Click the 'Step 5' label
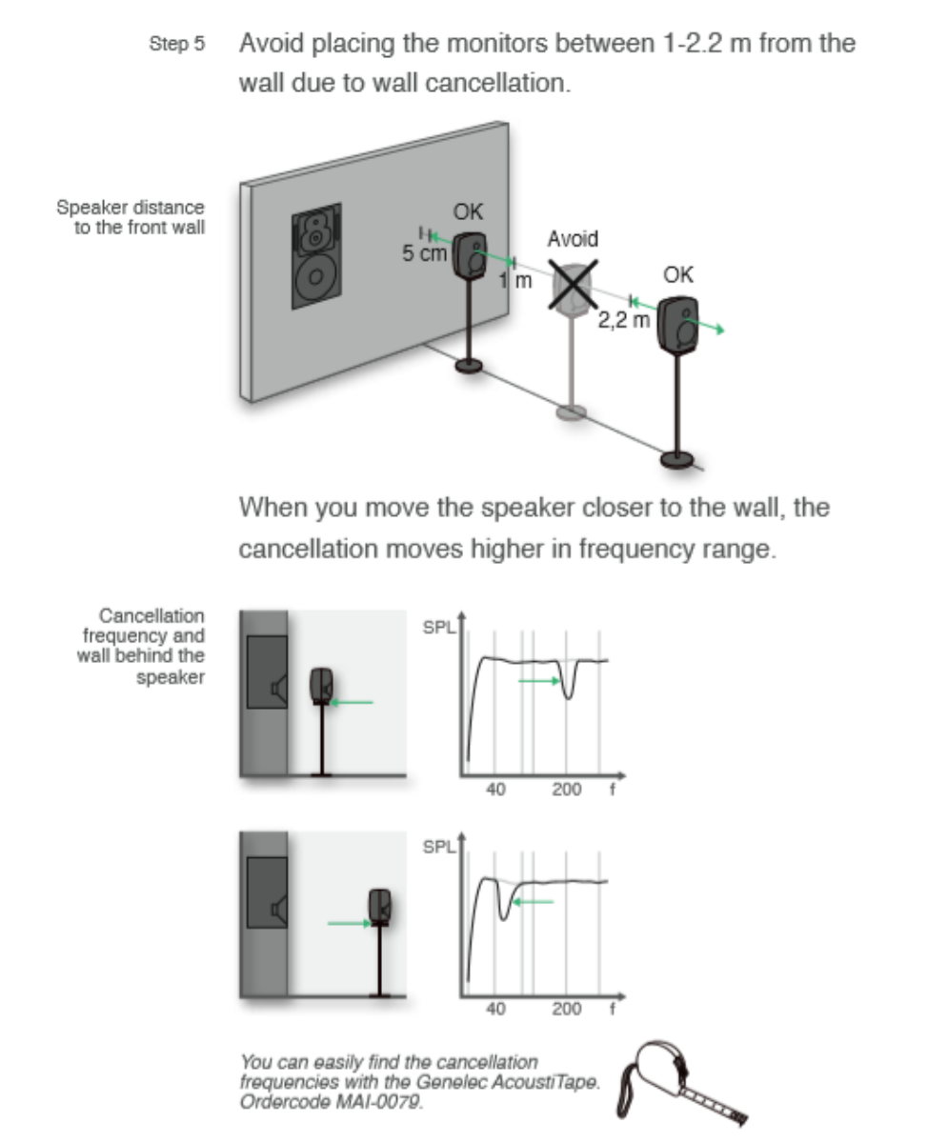coord(177,45)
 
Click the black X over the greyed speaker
coord(571,283)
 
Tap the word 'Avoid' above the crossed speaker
coord(572,238)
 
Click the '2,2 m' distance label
coord(624,320)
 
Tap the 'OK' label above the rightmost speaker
coord(678,275)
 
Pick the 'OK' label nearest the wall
coord(467,211)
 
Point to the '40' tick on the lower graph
coord(495,1009)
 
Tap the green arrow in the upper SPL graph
coord(538,681)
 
